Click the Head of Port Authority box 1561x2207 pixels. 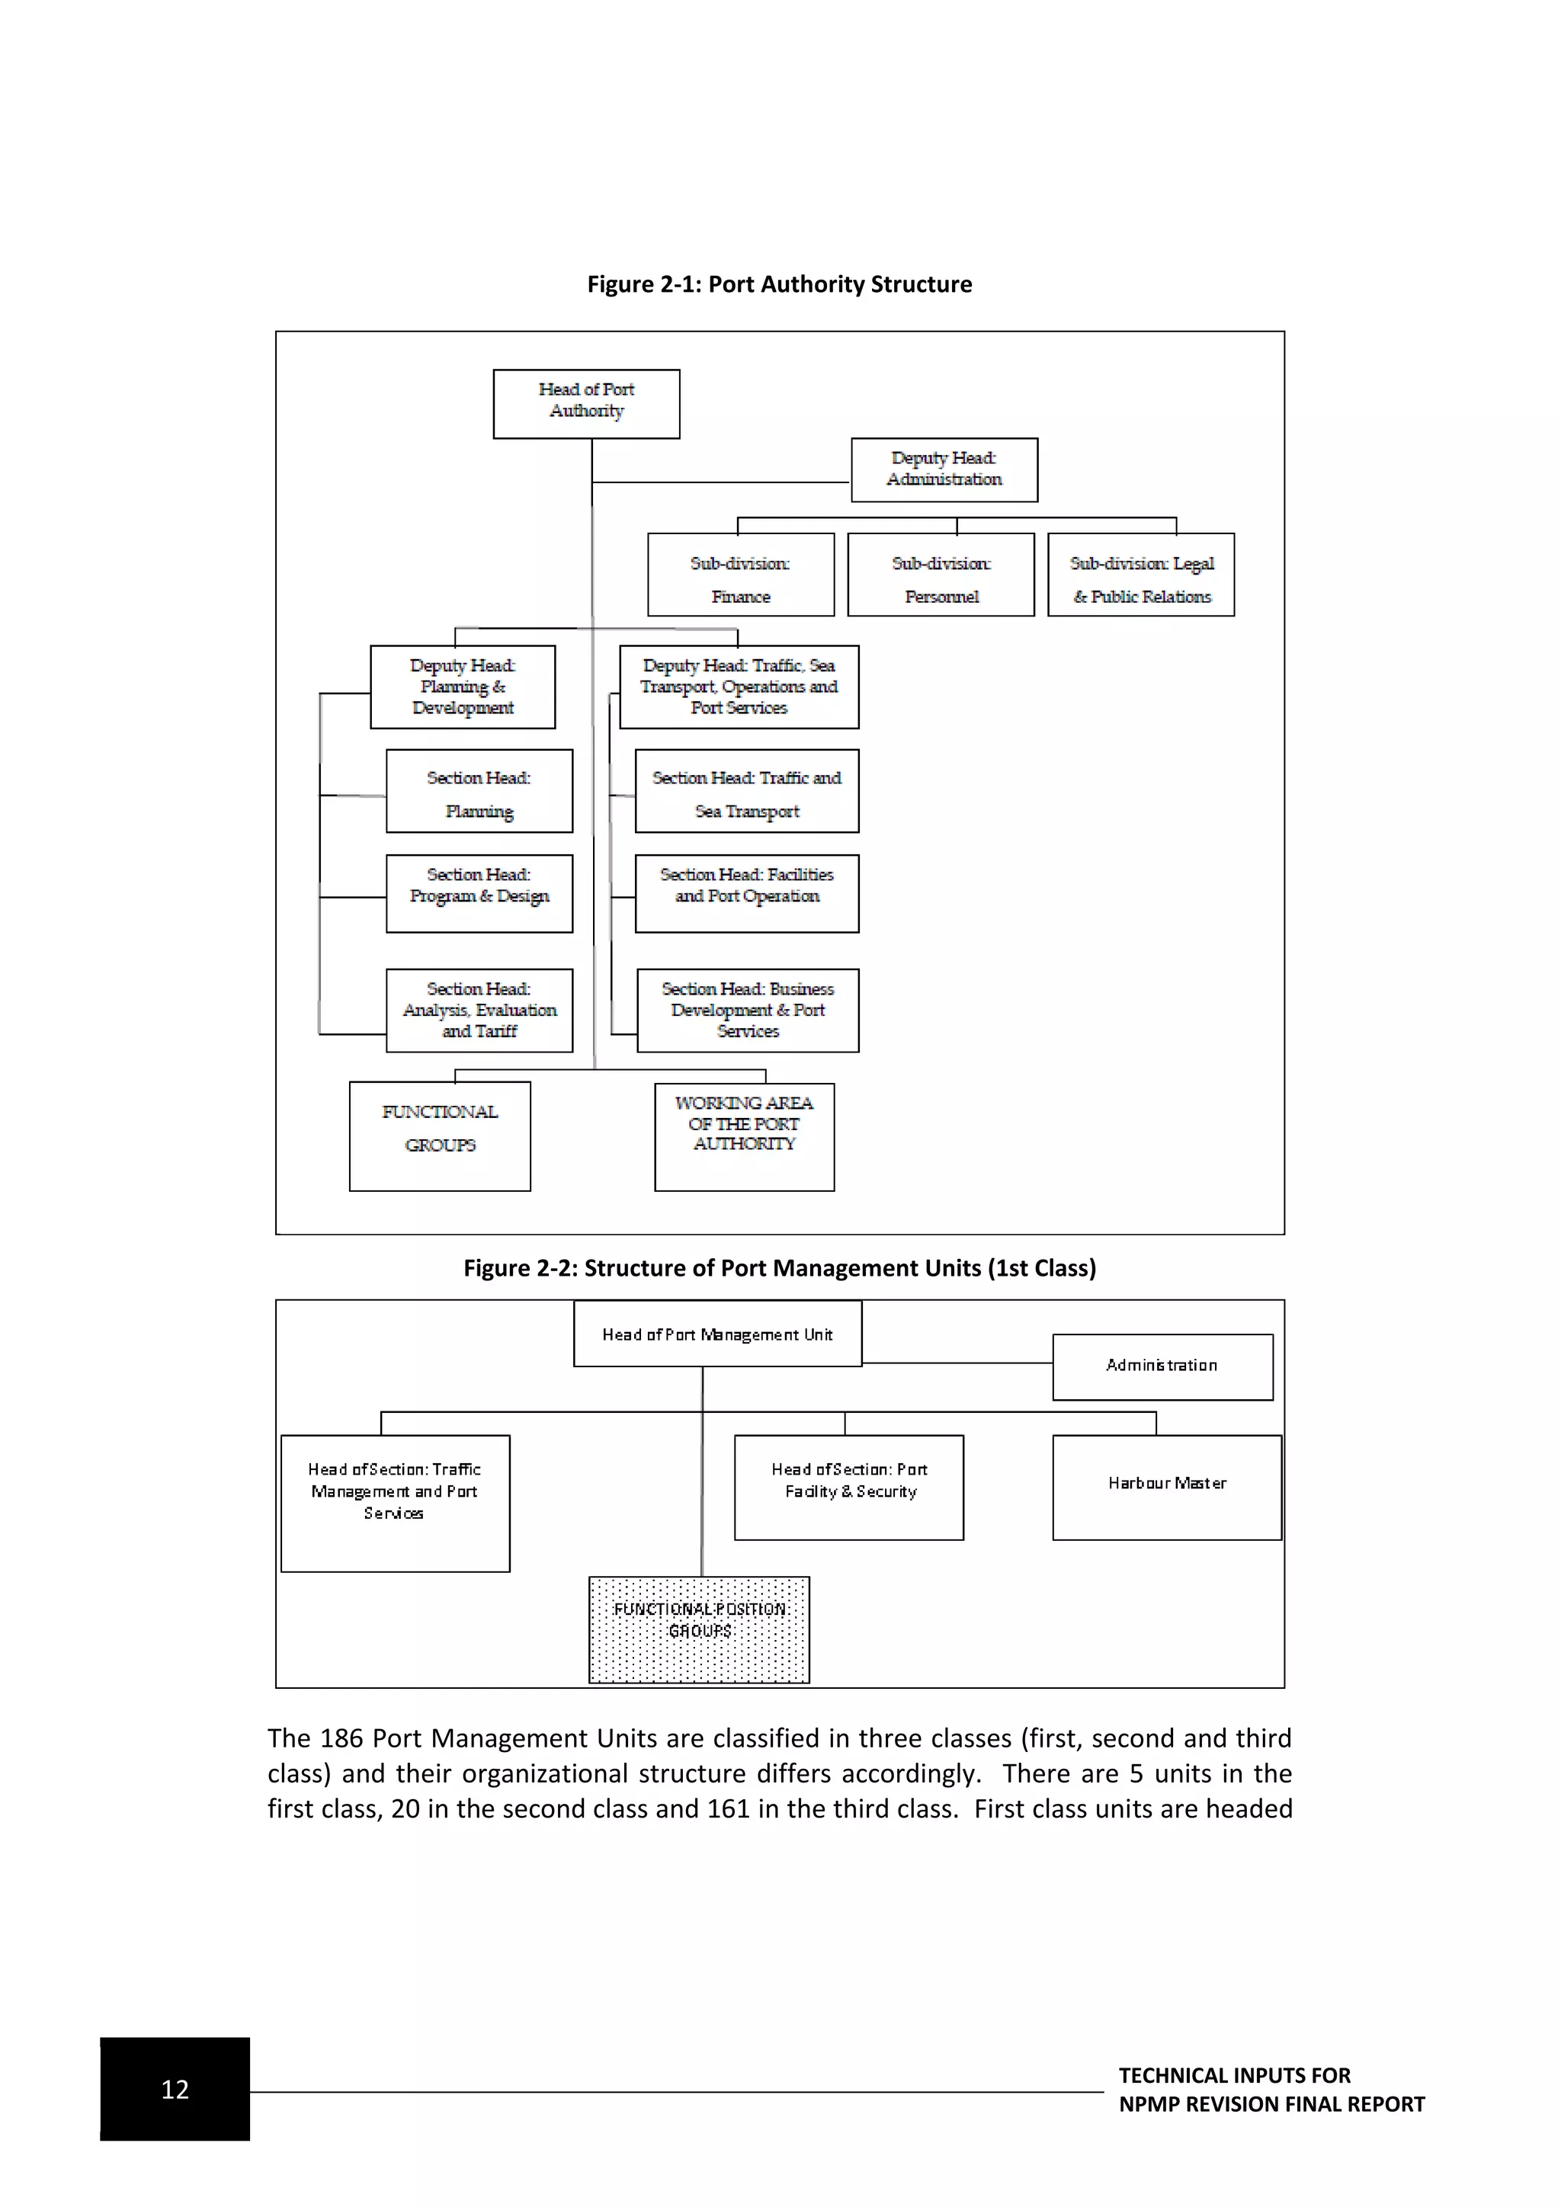pos(586,404)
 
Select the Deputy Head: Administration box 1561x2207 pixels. pos(944,470)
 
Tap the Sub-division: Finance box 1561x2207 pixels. pos(740,575)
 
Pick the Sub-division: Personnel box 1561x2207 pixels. pos(941,575)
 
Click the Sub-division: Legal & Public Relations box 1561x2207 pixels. pos(1141,575)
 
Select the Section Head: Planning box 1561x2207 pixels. pos(479,791)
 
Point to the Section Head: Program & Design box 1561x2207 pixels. pos(479,893)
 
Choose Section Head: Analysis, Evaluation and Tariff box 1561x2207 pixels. pos(479,1011)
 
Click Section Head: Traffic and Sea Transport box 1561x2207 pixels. pos(747,791)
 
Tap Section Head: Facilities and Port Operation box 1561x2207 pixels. pos(747,893)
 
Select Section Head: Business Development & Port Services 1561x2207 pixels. pos(748,1011)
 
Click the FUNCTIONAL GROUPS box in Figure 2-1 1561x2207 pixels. pos(439,1136)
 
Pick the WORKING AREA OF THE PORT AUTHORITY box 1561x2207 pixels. pos(744,1137)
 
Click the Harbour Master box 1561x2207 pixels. pos(1167,1487)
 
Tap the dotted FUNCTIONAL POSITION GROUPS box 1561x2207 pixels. pos(699,1629)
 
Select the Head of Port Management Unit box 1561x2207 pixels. pos(717,1334)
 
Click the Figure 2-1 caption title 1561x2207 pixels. pos(780,284)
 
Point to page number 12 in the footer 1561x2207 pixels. pos(175,2089)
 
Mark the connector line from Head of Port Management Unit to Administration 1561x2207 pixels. pos(957,1363)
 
